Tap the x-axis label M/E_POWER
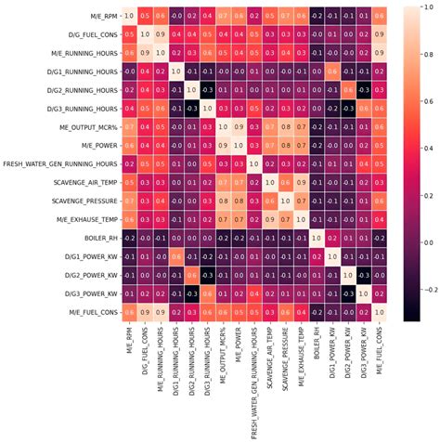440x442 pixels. click(x=239, y=345)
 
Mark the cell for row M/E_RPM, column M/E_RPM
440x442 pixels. click(x=128, y=16)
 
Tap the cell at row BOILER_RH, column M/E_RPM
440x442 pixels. click(x=128, y=238)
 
